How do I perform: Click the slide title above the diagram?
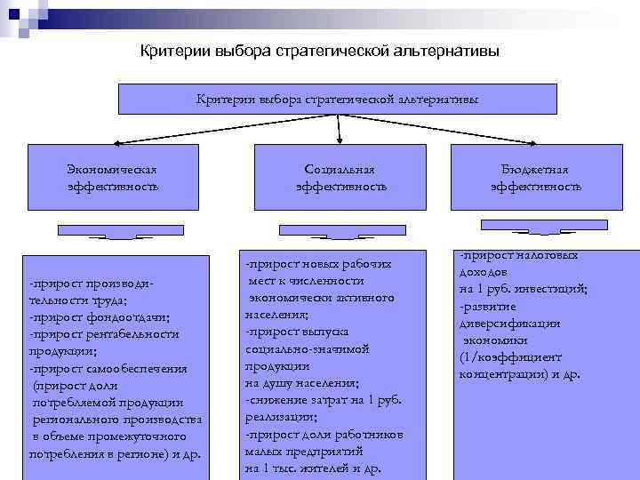coord(320,51)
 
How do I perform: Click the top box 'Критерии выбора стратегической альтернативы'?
coord(337,100)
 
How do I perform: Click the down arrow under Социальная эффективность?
coord(334,233)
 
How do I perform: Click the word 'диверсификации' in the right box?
coord(509,324)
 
